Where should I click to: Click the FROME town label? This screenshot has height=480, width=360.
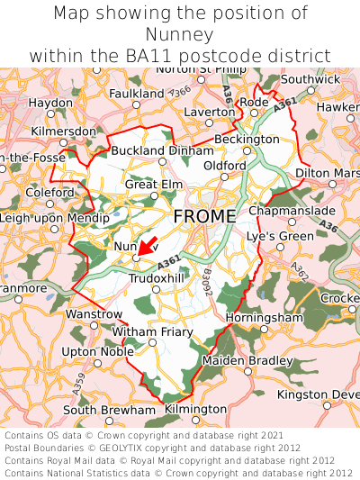pyautogui.click(x=204, y=216)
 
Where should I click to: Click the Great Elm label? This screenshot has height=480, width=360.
pyautogui.click(x=154, y=185)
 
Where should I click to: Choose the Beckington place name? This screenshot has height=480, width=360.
pyautogui.click(x=247, y=140)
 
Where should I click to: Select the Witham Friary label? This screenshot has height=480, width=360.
pyautogui.click(x=151, y=332)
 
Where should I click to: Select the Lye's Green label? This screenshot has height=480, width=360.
pyautogui.click(x=281, y=236)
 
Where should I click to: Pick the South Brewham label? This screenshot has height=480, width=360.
pyautogui.click(x=109, y=410)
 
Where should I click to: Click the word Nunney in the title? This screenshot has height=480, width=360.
pyautogui.click(x=180, y=34)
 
